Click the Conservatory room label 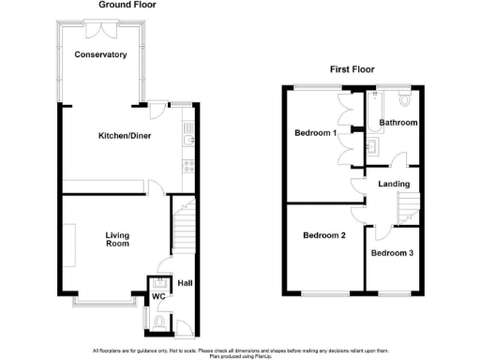103,55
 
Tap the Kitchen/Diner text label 125,136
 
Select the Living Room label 116,240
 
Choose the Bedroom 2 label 324,235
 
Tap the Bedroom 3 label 392,254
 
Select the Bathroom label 397,123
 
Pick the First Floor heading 352,69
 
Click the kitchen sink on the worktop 189,142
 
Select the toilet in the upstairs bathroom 404,97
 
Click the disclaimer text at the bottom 240,353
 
